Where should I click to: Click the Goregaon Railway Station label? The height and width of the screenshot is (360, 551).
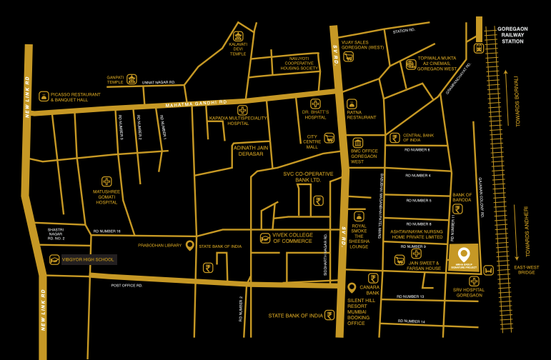[x=512, y=35]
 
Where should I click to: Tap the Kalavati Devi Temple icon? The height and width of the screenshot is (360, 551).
[x=238, y=36]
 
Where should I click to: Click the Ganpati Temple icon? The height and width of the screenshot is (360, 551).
[x=131, y=81]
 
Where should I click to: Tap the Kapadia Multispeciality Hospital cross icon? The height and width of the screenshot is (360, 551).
[x=243, y=110]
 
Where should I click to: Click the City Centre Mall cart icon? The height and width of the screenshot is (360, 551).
[x=329, y=139]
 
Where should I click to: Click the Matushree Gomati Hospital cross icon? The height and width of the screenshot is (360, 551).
[x=106, y=181]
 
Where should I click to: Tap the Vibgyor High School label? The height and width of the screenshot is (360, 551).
[x=87, y=259]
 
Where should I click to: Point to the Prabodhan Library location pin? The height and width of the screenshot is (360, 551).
[x=190, y=245]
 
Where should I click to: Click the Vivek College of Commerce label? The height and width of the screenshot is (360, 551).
[x=292, y=238]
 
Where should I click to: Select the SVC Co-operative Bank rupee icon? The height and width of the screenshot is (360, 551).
[x=319, y=201]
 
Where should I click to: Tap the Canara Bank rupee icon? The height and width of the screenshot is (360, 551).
[x=373, y=278]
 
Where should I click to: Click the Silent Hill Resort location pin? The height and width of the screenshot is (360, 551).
[x=351, y=288]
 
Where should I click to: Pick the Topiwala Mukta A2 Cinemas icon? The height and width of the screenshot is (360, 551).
[x=411, y=64]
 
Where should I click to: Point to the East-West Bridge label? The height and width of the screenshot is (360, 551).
[x=528, y=270]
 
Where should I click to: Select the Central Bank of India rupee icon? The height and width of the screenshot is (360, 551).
[x=394, y=138]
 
